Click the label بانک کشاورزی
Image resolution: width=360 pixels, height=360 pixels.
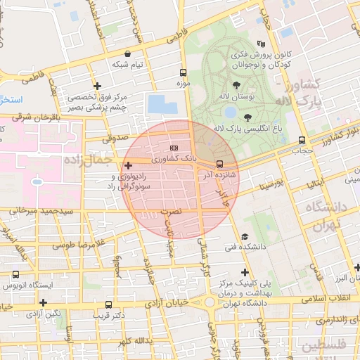(174, 160)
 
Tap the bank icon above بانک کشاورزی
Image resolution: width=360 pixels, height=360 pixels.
(174, 148)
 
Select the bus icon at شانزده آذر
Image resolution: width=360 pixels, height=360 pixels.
(220, 165)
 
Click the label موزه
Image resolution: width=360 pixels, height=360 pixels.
(183, 84)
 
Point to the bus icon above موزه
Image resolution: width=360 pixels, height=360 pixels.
(184, 72)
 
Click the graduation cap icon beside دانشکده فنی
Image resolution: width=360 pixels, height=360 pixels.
(244, 236)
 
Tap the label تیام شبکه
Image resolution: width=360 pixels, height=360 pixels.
(127, 64)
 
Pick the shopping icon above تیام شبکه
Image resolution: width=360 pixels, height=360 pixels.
(127, 53)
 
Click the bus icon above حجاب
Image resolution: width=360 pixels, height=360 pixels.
(302, 139)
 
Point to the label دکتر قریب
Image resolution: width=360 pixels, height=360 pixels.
(108, 316)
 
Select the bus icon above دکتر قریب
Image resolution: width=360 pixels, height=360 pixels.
(108, 305)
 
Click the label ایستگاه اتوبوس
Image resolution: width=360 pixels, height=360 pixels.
(27, 285)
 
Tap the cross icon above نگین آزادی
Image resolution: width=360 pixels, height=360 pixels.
(44, 302)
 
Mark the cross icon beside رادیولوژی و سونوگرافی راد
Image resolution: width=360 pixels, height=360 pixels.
(127, 165)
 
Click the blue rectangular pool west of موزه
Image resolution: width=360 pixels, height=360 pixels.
(164, 104)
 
